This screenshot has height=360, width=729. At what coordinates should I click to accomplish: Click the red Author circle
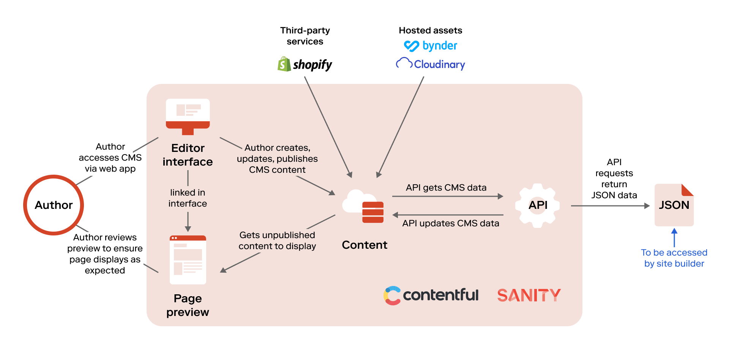click(54, 205)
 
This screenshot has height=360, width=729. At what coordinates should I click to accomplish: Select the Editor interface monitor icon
click(188, 116)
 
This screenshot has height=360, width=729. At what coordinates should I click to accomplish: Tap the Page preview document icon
click(188, 260)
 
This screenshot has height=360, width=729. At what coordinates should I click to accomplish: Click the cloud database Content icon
click(363, 207)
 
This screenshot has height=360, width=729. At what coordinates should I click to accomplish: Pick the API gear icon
click(537, 205)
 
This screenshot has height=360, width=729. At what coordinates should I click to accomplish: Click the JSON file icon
click(674, 205)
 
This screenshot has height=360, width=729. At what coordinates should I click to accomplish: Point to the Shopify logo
click(305, 65)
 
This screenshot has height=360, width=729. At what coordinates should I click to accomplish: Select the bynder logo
click(431, 46)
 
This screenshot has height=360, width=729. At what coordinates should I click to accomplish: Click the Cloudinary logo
click(431, 64)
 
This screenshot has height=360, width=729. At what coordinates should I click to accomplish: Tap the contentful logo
click(431, 295)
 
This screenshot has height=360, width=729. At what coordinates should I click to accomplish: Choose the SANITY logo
click(529, 295)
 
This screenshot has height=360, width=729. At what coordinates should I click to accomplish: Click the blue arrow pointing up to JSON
click(674, 237)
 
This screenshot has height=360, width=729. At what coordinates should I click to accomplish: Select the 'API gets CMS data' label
click(446, 188)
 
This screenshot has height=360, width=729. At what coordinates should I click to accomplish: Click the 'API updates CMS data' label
click(451, 223)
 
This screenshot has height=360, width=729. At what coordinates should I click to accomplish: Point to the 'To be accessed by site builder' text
click(674, 258)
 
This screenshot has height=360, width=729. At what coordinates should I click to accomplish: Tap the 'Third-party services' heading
click(305, 36)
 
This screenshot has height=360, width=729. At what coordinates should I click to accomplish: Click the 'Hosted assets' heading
click(431, 30)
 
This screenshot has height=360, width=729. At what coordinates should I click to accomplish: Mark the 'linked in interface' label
click(188, 198)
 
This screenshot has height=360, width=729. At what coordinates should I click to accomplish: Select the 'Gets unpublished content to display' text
click(277, 240)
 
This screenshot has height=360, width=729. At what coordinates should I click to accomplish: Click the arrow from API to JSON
click(610, 206)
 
